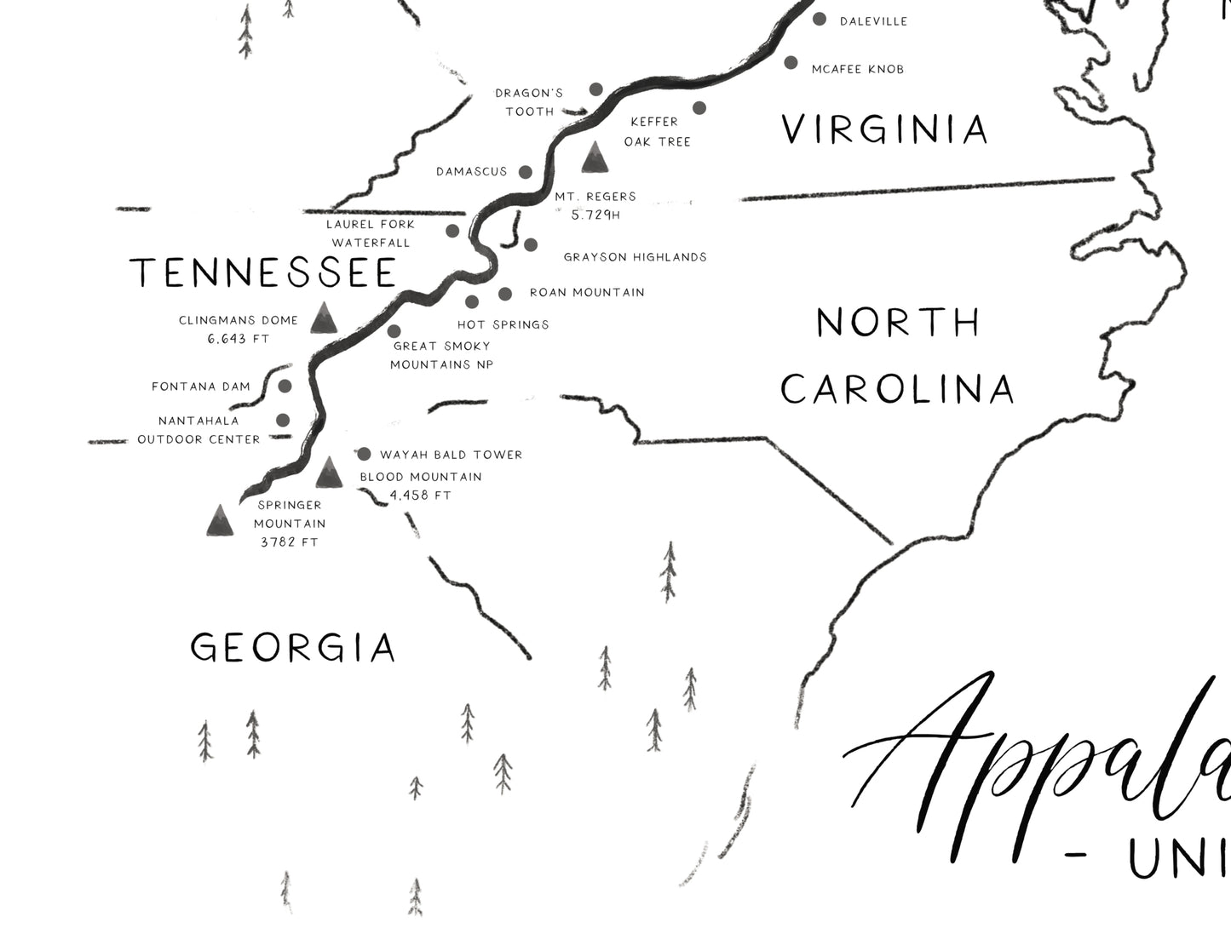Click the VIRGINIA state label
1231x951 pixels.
coord(885,129)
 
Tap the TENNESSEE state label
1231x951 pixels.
coord(263,273)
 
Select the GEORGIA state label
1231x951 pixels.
coord(293,648)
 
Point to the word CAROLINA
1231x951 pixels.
coord(897,389)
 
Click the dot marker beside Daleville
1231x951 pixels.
coord(820,20)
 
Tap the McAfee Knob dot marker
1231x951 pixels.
coord(791,62)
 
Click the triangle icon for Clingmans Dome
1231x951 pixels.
coord(323,318)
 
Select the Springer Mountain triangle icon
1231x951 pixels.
coord(220,520)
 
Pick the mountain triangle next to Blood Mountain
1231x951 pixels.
coord(329,473)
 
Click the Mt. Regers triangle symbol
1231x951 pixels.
coord(595,157)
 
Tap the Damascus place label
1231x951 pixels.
coord(471,172)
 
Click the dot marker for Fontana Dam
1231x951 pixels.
coord(285,387)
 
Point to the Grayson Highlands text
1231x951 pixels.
coord(635,257)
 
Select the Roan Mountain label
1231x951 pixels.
coord(587,293)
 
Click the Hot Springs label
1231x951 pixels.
coord(503,324)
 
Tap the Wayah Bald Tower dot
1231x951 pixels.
coord(364,454)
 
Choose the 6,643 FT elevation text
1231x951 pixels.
coord(238,339)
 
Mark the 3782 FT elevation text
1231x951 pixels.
coord(289,541)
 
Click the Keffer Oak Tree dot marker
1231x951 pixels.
coord(699,108)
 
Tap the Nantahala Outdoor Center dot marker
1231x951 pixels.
coord(283,420)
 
